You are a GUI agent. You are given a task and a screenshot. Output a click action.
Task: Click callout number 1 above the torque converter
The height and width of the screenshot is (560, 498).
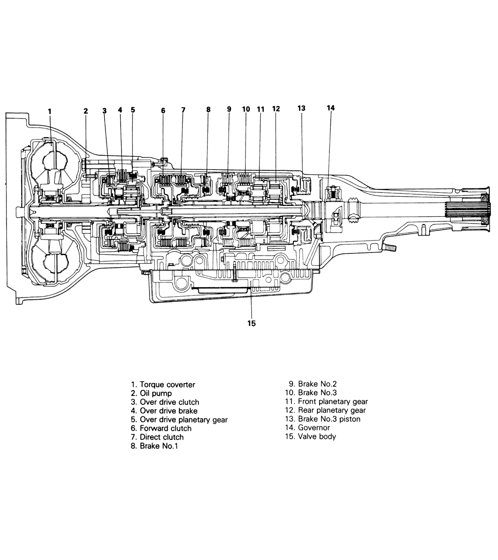[x=50, y=112]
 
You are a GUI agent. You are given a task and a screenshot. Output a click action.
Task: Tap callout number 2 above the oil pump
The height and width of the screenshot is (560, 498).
[x=86, y=111]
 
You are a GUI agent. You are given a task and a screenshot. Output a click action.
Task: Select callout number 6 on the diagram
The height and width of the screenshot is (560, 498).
[x=163, y=111]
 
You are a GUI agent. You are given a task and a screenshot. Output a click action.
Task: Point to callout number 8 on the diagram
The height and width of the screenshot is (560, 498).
[x=208, y=109]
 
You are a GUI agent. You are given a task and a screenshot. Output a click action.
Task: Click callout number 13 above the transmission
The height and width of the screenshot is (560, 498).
[x=301, y=108]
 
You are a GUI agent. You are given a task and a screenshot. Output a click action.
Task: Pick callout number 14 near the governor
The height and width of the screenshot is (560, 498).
[x=331, y=108]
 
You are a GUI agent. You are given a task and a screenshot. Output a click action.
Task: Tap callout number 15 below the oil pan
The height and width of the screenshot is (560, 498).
[x=252, y=323]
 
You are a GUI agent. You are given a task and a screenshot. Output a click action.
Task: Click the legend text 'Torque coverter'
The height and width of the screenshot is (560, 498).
[x=167, y=385]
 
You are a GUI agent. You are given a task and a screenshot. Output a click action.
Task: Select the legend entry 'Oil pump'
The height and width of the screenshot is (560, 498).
[x=156, y=394]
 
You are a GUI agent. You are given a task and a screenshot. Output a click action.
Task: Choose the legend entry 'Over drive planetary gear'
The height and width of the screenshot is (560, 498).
[x=184, y=419]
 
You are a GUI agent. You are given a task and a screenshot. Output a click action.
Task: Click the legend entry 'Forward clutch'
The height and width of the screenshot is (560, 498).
[x=166, y=429]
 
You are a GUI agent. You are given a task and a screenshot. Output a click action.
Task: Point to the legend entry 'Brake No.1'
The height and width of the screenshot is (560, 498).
[x=159, y=446]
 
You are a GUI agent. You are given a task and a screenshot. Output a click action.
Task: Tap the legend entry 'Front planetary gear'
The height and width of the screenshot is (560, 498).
[x=333, y=402]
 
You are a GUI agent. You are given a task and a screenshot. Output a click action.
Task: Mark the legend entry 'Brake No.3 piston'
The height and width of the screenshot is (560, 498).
[x=329, y=419]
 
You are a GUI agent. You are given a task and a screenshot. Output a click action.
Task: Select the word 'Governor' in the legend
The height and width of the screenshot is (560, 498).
[x=314, y=428]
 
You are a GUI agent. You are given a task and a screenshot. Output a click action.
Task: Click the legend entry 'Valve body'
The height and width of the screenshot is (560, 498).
[x=317, y=437]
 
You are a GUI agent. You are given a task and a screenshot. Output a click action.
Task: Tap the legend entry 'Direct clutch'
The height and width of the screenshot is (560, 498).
[x=162, y=437]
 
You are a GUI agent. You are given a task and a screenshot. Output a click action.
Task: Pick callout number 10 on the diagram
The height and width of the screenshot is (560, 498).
[x=246, y=109]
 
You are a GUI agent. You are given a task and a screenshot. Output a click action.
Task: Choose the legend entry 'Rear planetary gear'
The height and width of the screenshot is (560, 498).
[x=332, y=410]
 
